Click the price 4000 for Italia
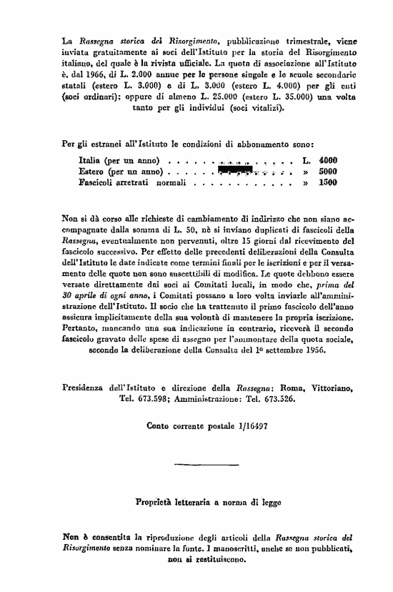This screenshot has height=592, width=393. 328,160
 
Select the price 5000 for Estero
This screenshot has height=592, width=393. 328,172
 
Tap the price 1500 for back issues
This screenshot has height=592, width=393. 328,183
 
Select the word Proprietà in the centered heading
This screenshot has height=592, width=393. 157,502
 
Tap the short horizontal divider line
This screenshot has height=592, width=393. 196,465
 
